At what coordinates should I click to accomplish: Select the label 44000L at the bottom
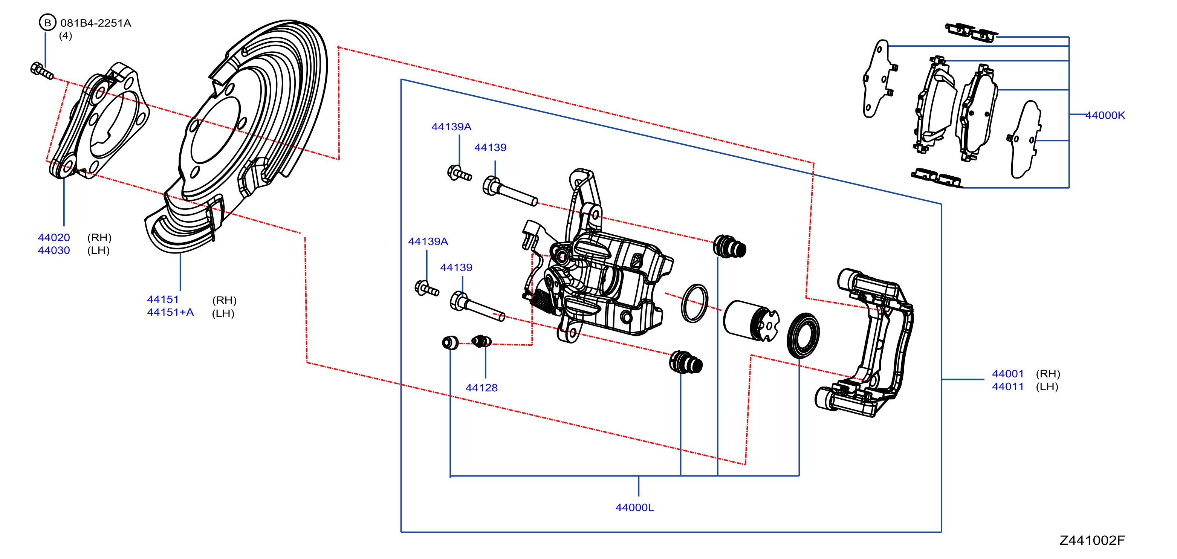pos(634,507)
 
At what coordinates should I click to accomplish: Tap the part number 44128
pos(481,388)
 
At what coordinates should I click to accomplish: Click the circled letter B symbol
pos(47,22)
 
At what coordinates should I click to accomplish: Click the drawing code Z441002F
pos(1092,540)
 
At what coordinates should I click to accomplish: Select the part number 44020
pos(54,237)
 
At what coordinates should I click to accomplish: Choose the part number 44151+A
pos(170,312)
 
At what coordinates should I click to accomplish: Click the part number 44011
pos(1007,386)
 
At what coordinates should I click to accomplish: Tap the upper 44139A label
pos(451,127)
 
